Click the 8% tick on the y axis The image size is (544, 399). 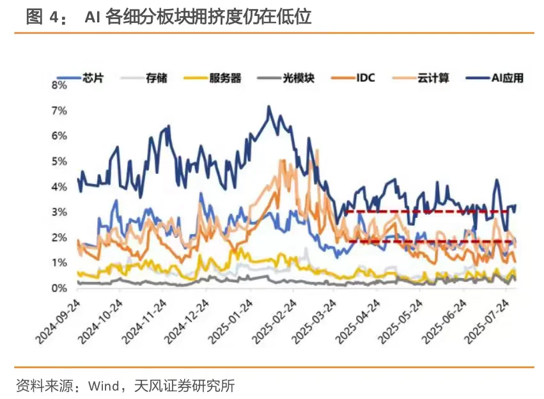click(x=59, y=85)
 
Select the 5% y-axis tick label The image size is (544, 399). click(x=59, y=161)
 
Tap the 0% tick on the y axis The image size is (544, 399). click(x=59, y=288)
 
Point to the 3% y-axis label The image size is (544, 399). click(x=59, y=212)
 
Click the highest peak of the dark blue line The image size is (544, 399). click(x=268, y=107)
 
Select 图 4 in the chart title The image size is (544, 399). click(x=42, y=17)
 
